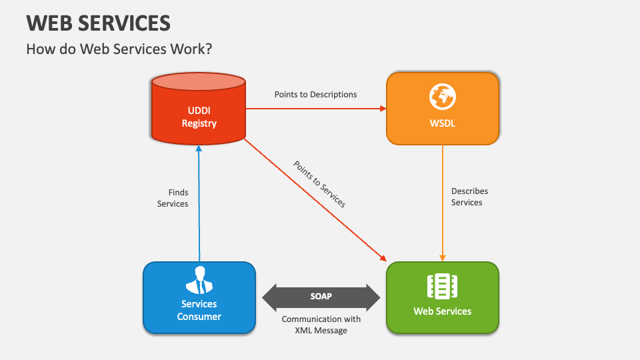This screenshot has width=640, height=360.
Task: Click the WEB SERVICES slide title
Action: point(99,23)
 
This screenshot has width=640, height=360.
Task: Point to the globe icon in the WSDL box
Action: point(442,97)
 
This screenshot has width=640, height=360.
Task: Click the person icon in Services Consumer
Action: point(199,280)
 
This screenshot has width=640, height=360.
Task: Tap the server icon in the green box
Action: point(442,286)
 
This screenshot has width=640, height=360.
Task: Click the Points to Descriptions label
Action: point(315,95)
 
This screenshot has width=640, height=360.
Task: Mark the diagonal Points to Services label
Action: point(319,184)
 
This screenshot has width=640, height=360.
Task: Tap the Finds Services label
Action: point(173,198)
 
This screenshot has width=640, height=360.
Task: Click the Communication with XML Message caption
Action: point(321,325)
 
